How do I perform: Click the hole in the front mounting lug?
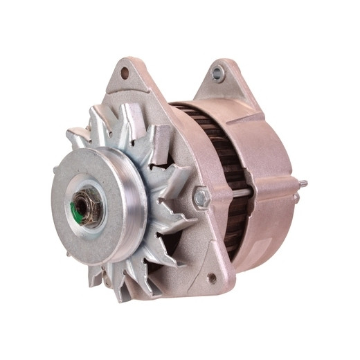click(125, 72)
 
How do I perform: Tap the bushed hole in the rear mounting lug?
click(219, 71)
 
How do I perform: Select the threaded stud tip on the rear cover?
click(303, 183)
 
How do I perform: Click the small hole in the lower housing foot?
click(211, 278)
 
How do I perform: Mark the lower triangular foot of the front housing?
click(208, 273)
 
